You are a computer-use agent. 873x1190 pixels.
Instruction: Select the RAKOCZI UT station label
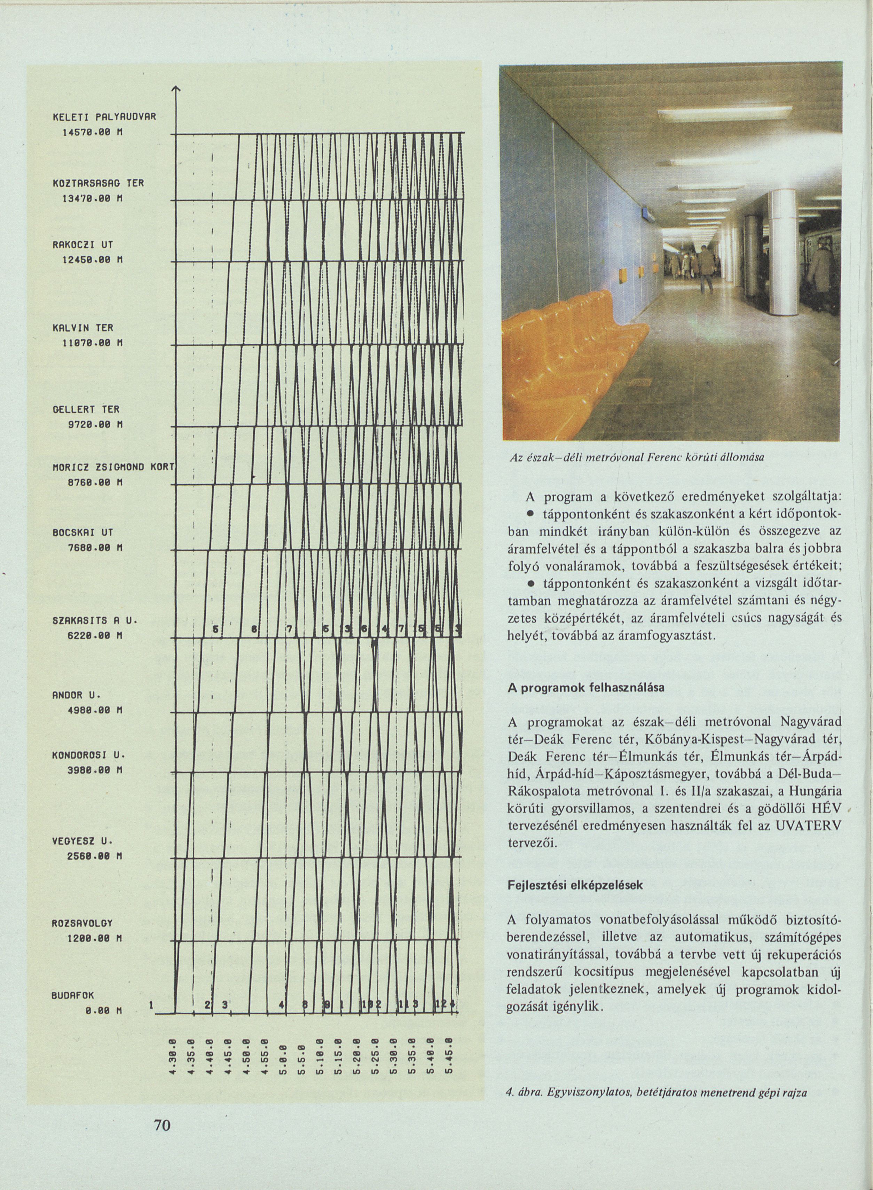(83, 245)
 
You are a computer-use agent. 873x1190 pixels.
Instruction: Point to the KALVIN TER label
(83, 328)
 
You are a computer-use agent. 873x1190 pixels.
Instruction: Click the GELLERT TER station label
(86, 409)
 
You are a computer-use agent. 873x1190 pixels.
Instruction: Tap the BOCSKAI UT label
(83, 532)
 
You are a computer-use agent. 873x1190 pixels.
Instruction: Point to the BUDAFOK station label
(72, 994)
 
